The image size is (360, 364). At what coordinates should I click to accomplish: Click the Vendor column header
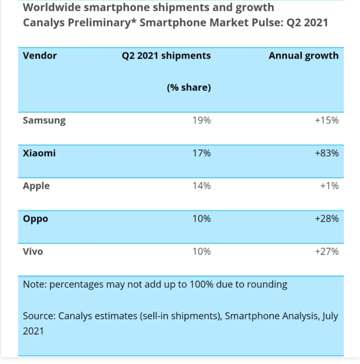click(40, 56)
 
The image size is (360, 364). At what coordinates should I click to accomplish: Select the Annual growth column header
click(304, 56)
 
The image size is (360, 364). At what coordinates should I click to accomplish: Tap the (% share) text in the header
click(189, 87)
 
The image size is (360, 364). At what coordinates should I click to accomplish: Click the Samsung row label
click(44, 121)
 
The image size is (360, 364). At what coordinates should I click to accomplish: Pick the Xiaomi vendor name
click(39, 153)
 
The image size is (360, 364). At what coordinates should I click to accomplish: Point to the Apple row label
click(36, 186)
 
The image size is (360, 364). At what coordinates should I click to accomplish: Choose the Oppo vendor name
click(36, 219)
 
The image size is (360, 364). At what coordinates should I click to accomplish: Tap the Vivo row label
click(33, 252)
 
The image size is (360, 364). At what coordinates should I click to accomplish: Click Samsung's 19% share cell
click(202, 120)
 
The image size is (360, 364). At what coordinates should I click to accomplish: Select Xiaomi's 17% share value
click(202, 153)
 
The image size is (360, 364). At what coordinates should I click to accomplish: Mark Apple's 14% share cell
click(202, 186)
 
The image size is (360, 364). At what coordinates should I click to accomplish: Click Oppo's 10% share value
click(202, 219)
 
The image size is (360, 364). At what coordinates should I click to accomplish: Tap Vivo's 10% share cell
click(202, 252)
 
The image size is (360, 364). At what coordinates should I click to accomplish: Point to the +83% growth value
click(327, 153)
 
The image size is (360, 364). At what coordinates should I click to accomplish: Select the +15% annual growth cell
click(327, 120)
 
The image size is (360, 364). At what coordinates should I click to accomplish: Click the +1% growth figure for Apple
click(329, 186)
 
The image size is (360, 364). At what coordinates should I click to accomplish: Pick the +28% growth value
click(327, 219)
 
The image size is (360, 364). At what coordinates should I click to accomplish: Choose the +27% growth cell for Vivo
click(327, 252)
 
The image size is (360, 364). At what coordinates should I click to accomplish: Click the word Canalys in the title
click(43, 23)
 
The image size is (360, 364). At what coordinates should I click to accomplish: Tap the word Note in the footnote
click(35, 284)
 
